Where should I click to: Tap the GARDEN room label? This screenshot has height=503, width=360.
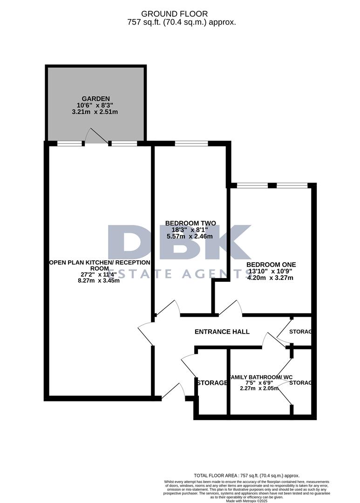tap(96, 99)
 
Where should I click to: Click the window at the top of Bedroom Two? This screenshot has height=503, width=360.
tap(191, 143)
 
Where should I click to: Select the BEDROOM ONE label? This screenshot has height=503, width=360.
tap(271, 265)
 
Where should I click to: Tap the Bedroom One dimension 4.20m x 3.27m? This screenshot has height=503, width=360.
tap(270, 278)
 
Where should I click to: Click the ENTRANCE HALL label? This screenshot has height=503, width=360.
tap(222, 332)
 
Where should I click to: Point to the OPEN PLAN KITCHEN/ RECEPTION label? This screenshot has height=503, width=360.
tap(100, 263)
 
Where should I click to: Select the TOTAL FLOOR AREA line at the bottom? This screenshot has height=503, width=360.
tap(246, 476)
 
